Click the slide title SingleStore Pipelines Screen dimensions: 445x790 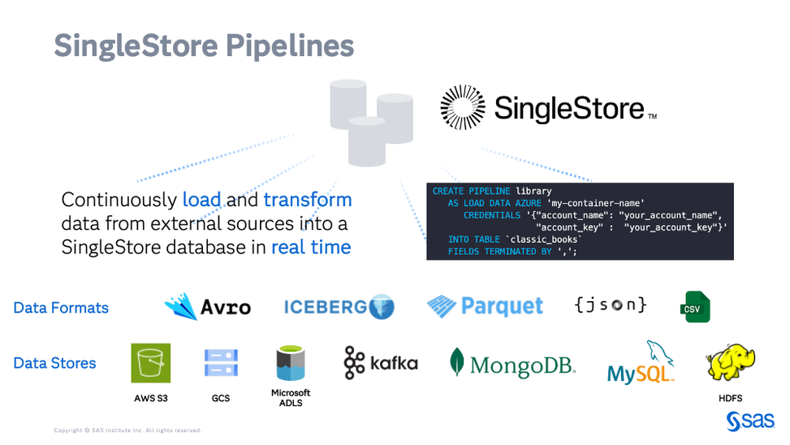pos(204,45)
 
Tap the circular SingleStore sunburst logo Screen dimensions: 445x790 pos(463,107)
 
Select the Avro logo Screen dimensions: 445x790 pos(207,306)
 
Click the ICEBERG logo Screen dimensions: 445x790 pos(339,307)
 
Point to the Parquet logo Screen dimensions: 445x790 pos(485,306)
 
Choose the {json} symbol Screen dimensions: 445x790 pos(611,305)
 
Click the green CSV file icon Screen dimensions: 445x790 pos(696,306)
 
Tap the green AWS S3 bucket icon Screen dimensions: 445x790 pos(150,363)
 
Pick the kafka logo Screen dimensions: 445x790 pos(380,363)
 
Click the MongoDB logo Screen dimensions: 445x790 pos(512,364)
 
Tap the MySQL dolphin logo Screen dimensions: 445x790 pos(642,364)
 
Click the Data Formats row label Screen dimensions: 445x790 pos(61,308)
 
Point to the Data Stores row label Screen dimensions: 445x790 pos(54,363)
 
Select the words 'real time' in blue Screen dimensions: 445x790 pos(311,248)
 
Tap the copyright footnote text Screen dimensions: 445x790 pos(127,430)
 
